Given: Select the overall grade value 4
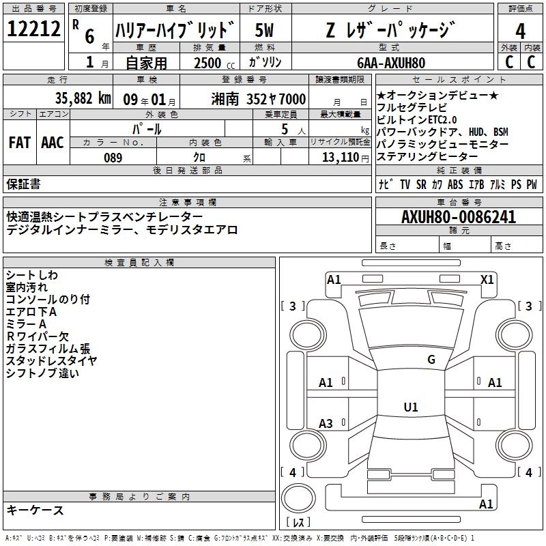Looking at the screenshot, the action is coord(520,31).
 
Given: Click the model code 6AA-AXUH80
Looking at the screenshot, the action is coord(391,63).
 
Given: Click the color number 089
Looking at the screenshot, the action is coord(113,158).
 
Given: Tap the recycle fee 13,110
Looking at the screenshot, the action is coord(341,158).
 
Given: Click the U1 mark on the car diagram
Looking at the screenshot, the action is coord(410,407).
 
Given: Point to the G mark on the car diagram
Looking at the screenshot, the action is coord(431,360).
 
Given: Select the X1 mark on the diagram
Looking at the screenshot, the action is coord(487,279).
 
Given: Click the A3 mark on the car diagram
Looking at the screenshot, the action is coord(326,424).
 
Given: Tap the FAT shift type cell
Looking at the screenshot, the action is coord(19,142).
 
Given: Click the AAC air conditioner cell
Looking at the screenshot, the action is coord(53,142).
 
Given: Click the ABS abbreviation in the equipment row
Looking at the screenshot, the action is coord(455,184).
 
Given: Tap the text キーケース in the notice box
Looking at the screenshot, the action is coord(35,510).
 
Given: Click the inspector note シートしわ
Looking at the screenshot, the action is coord(32,274).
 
